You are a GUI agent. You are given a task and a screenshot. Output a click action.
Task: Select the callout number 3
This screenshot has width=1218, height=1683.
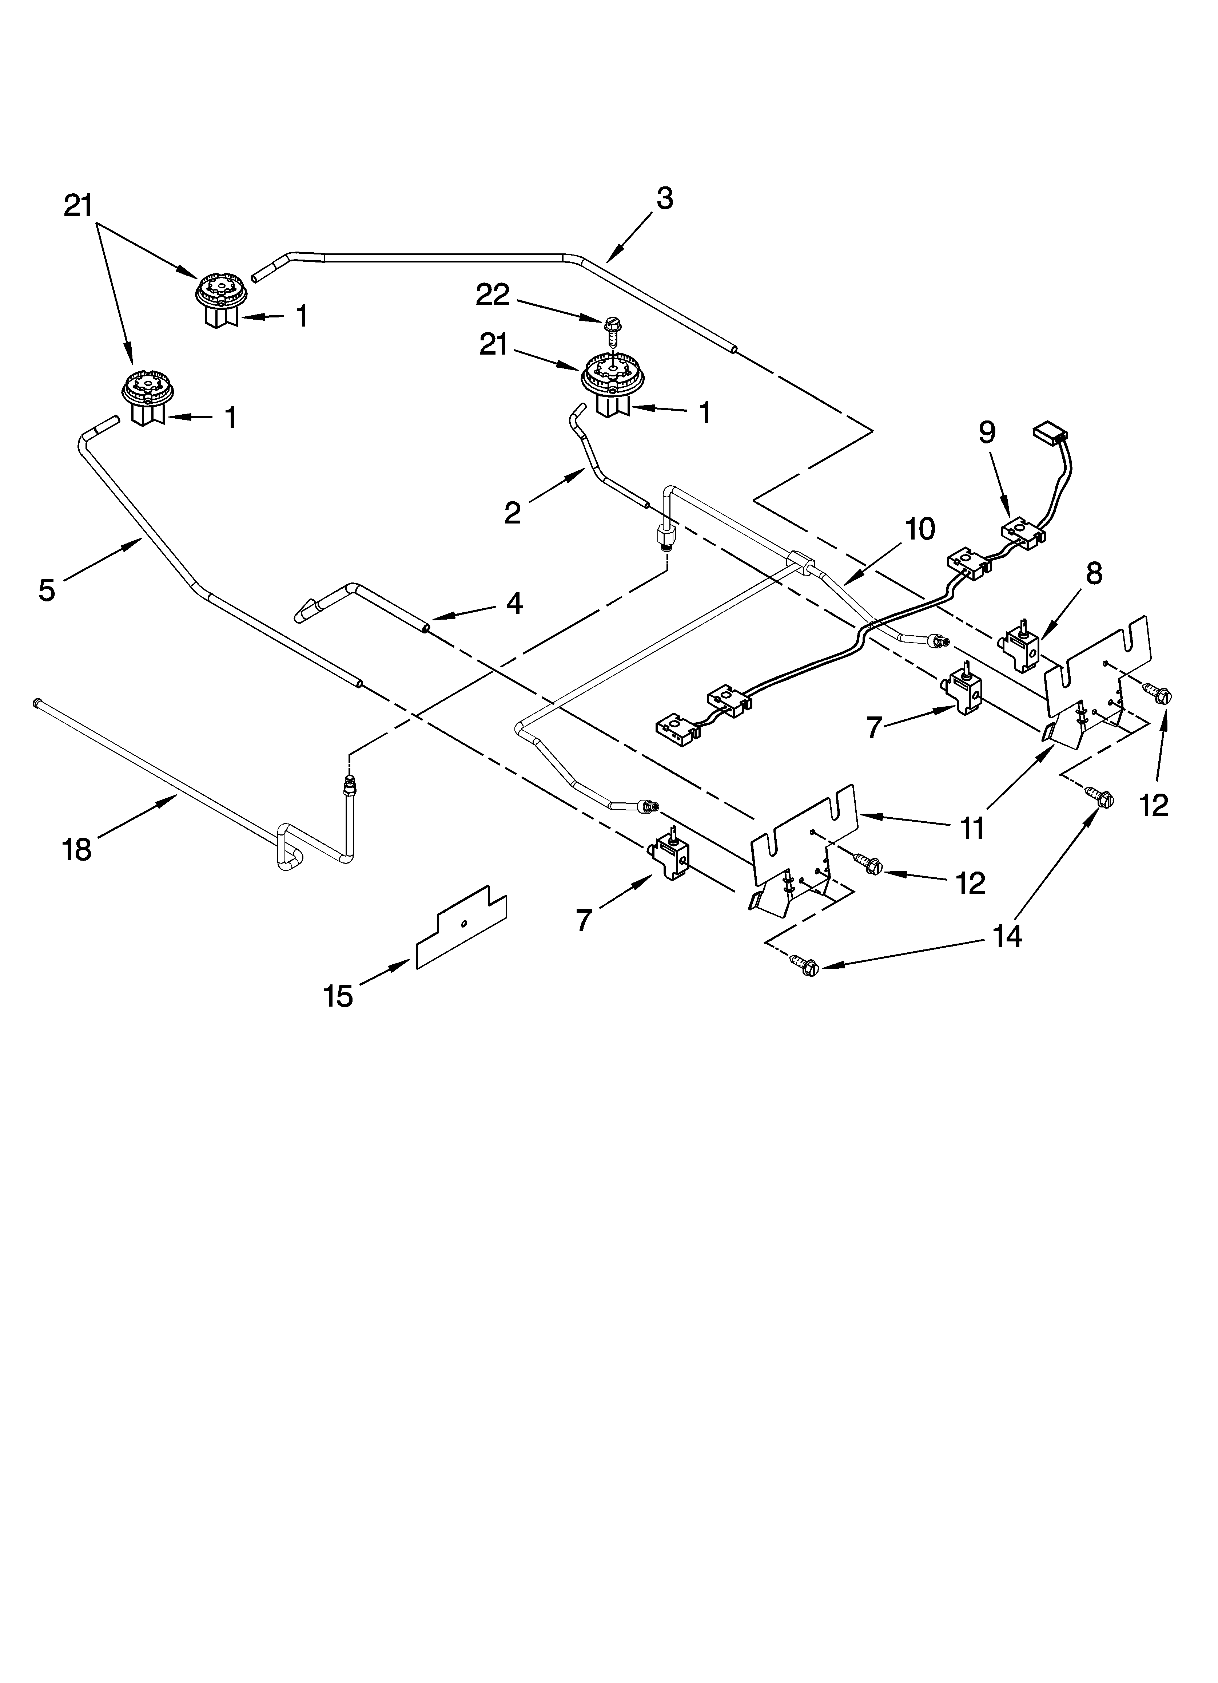pos(665,199)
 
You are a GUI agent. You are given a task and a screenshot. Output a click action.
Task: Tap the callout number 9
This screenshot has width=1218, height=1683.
pos(987,432)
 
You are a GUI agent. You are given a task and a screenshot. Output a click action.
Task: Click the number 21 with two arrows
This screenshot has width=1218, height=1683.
pos(78,206)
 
